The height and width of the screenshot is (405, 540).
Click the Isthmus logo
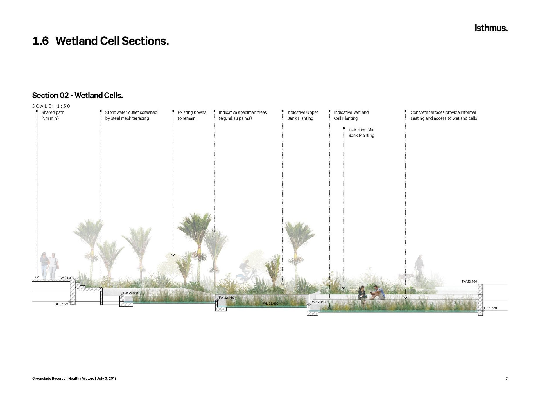pyautogui.click(x=491, y=28)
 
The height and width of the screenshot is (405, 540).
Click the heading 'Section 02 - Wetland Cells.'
pyautogui.click(x=78, y=95)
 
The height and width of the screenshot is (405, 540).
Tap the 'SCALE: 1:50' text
pyautogui.click(x=51, y=106)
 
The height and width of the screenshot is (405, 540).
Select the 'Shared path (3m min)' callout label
pyautogui.click(x=53, y=115)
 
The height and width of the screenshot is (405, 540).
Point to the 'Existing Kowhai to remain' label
pyautogui.click(x=193, y=115)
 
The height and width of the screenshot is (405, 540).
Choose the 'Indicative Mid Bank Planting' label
pyautogui.click(x=361, y=132)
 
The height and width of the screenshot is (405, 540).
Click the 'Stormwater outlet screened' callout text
pyautogui.click(x=131, y=112)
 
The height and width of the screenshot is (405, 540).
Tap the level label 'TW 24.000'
pyautogui.click(x=67, y=278)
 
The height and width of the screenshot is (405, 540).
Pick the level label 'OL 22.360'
pyautogui.click(x=62, y=304)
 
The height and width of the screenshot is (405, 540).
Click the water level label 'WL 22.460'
pyautogui.click(x=271, y=303)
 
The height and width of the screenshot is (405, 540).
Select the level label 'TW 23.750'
pyautogui.click(x=469, y=282)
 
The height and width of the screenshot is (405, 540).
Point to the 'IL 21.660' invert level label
pyautogui.click(x=490, y=308)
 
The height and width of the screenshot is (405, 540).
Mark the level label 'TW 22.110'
pyautogui.click(x=318, y=302)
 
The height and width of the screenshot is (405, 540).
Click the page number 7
pyautogui.click(x=507, y=379)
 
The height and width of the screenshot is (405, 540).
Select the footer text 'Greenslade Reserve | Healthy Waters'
pyautogui.click(x=63, y=379)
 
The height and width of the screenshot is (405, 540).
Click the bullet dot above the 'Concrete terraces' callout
pyautogui.click(x=405, y=111)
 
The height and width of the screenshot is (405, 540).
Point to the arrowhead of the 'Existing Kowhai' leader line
pyautogui.click(x=173, y=255)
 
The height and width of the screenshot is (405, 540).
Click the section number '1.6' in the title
pyautogui.click(x=40, y=41)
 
